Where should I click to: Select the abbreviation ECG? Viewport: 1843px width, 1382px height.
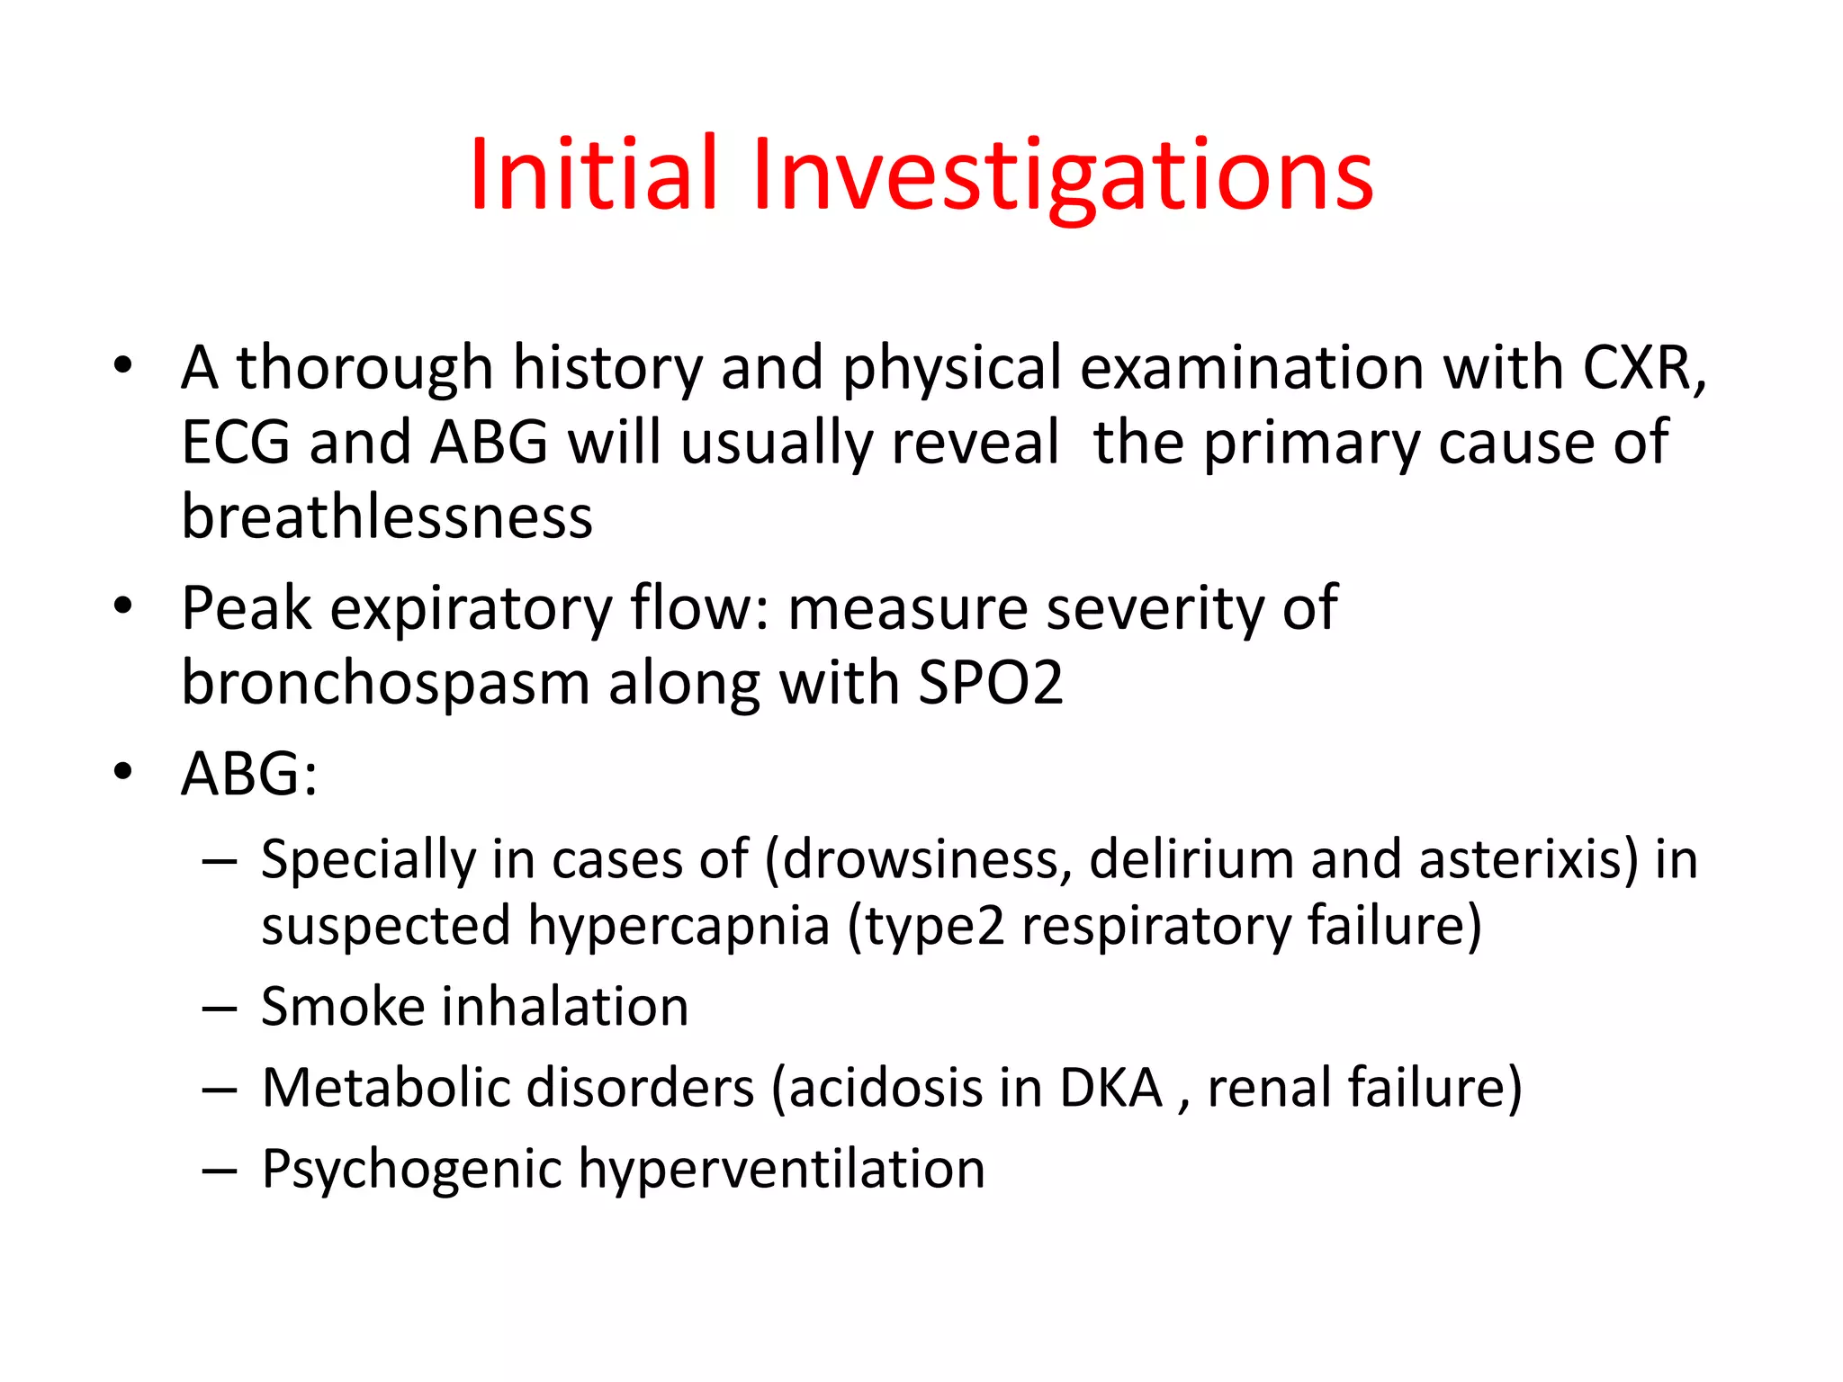(236, 443)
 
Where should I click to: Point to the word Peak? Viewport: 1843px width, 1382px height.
(246, 609)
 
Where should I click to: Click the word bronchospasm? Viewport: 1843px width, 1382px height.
(385, 684)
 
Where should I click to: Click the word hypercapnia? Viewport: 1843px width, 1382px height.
(679, 927)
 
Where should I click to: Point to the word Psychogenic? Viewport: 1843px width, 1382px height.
(410, 1170)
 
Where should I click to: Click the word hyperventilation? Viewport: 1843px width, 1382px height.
(781, 1170)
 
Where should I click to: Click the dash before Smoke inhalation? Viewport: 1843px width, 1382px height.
(220, 1009)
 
